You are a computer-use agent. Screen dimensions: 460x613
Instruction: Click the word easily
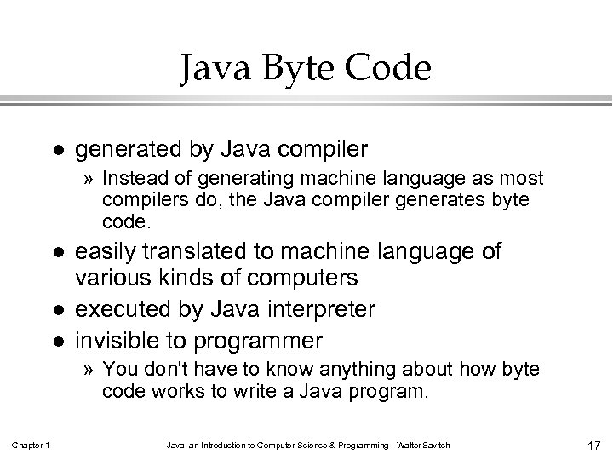(x=107, y=252)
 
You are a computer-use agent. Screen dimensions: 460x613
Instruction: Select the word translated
(x=196, y=252)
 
